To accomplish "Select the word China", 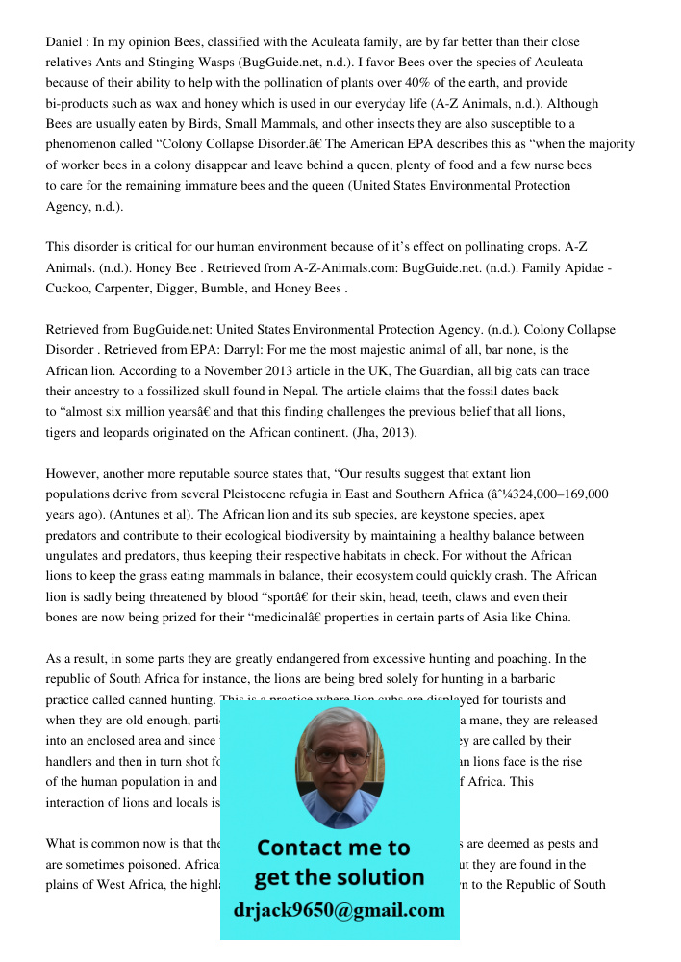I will click(552, 617).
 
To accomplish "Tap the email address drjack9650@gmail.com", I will click(340, 909).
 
